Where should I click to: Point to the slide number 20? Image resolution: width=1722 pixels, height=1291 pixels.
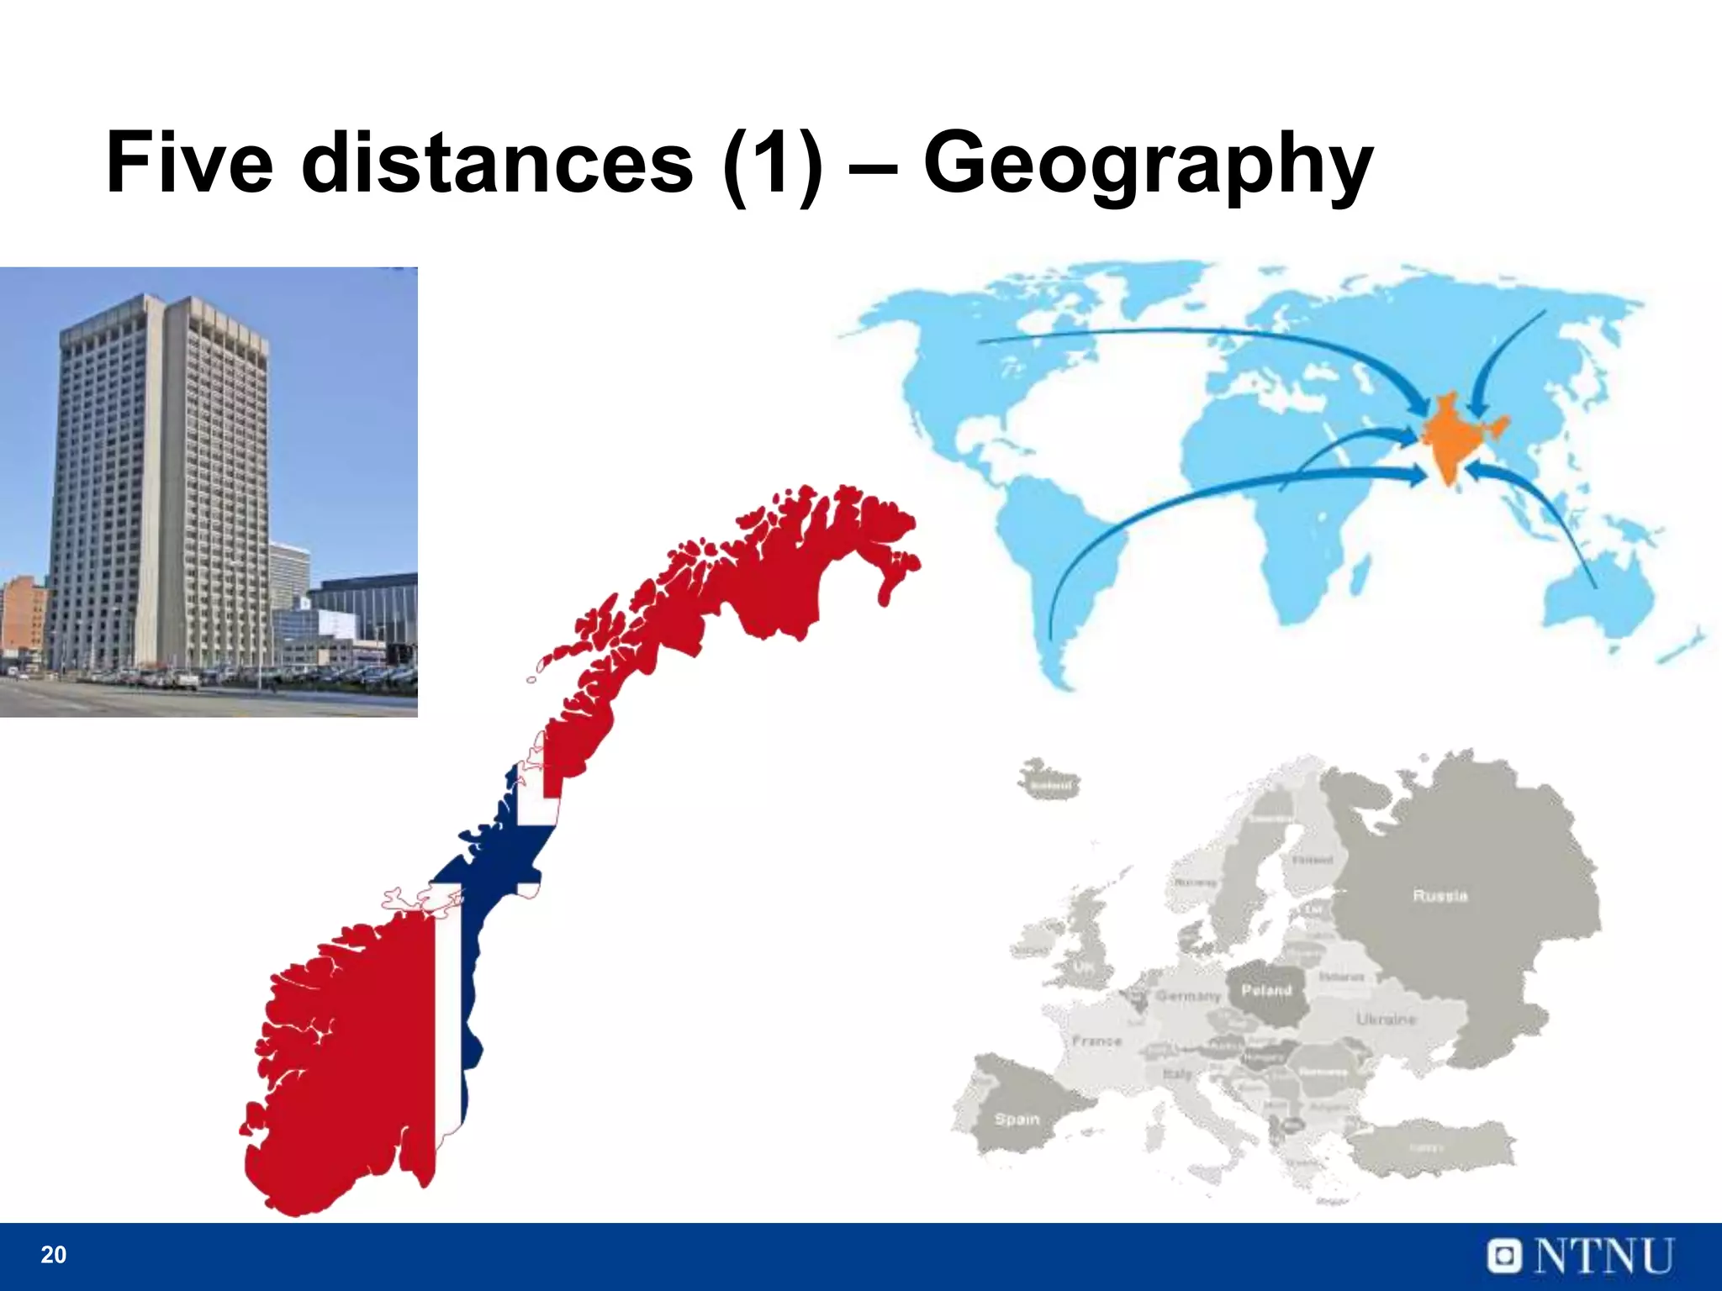(53, 1255)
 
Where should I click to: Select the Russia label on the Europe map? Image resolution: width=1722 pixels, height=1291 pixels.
(1439, 896)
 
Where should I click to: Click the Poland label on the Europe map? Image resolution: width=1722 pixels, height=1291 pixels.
(1266, 991)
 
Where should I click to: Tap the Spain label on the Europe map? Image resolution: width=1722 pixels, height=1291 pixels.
(1017, 1120)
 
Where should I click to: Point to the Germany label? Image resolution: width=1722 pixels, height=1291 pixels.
(1187, 996)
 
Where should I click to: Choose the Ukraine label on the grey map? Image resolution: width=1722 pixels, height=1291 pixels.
(1386, 1020)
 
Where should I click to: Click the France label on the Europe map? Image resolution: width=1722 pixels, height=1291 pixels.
(1097, 1041)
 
